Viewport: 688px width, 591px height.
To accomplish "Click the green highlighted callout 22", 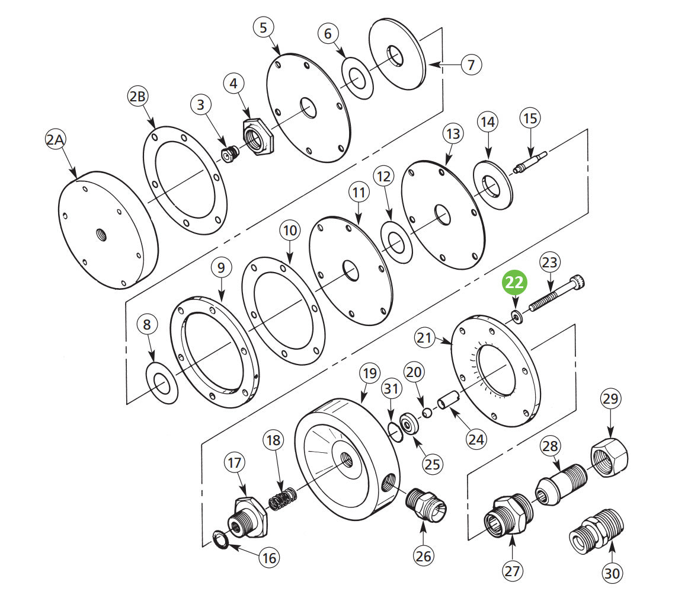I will pos(514,283).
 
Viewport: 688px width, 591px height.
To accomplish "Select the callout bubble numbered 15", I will pos(530,118).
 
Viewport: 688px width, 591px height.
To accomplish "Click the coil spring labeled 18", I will pos(282,498).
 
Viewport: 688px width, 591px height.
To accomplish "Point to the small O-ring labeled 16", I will pos(221,541).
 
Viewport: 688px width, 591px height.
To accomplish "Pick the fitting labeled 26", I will pos(425,504).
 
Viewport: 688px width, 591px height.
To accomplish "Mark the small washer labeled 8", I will pos(161,385).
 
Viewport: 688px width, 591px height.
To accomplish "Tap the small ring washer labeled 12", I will pos(396,241).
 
